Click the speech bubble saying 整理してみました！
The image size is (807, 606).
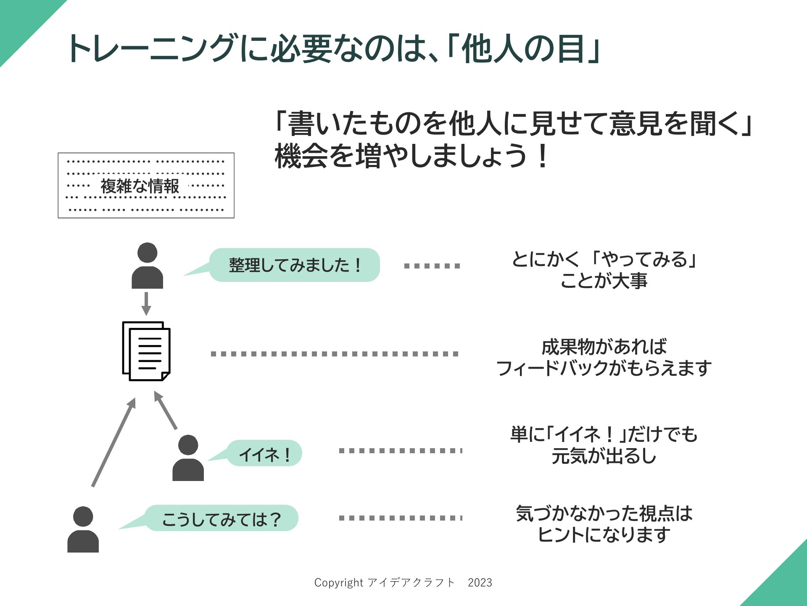pos(294,265)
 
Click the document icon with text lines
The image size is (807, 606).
pos(146,351)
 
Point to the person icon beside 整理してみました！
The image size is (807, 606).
pos(147,266)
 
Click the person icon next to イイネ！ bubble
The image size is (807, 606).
pos(188,458)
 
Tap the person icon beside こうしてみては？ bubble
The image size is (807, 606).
pos(83,529)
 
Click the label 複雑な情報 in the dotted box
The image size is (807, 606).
pos(140,186)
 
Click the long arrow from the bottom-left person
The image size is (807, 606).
pos(113,442)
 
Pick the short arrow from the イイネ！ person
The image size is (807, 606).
pos(166,410)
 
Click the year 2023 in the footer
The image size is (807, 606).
pos(480,582)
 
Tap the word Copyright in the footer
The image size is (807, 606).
pos(339,583)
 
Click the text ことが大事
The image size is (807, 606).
pos(604,281)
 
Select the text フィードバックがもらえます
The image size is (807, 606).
pos(604,368)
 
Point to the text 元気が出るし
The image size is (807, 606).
pos(604,456)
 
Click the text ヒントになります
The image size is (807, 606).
pos(604,535)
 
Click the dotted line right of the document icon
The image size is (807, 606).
pos(335,354)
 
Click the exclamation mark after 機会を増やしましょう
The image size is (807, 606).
pos(543,156)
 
